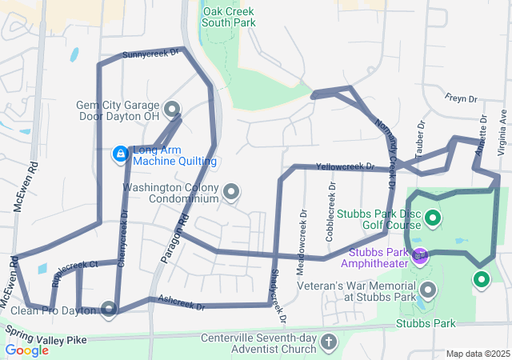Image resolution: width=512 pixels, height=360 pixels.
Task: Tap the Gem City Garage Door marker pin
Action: click(x=171, y=109)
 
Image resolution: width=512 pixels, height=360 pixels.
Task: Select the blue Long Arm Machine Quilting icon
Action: click(x=120, y=153)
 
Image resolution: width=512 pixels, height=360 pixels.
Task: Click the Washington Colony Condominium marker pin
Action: click(x=231, y=191)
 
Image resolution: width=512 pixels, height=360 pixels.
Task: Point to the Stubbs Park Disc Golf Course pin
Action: click(x=433, y=217)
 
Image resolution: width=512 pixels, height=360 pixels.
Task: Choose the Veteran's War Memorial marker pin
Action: click(x=428, y=290)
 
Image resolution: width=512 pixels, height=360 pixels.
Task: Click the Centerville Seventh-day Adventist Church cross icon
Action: click(x=328, y=342)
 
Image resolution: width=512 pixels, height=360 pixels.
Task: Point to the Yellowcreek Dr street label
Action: click(x=345, y=166)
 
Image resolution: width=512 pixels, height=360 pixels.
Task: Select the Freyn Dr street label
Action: click(x=461, y=99)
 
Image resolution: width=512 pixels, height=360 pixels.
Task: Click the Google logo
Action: click(x=26, y=350)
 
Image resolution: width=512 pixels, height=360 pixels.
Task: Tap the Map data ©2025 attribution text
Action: click(x=478, y=354)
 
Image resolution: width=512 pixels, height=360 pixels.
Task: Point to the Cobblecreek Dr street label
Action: click(x=331, y=206)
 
